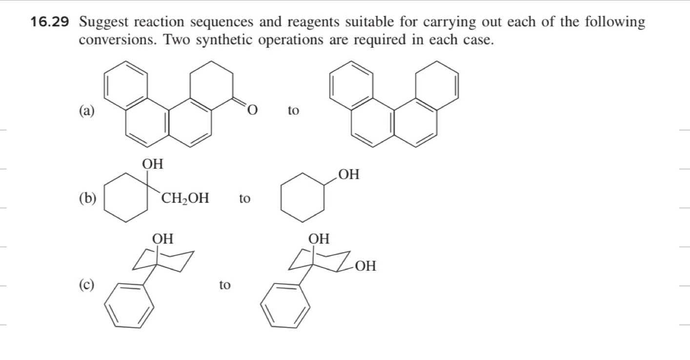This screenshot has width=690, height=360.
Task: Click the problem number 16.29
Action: point(51,22)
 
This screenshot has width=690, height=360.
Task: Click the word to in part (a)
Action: point(293,111)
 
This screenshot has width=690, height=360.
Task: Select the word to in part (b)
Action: point(244,198)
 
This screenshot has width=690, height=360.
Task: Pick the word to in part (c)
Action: point(224,284)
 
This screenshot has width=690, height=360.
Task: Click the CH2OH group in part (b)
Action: point(186,198)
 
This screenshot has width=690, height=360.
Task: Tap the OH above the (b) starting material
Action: point(153,164)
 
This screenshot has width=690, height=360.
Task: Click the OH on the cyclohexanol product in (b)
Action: point(348,174)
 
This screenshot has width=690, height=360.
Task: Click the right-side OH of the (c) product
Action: point(366,266)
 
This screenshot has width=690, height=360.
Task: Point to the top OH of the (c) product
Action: point(319,239)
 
